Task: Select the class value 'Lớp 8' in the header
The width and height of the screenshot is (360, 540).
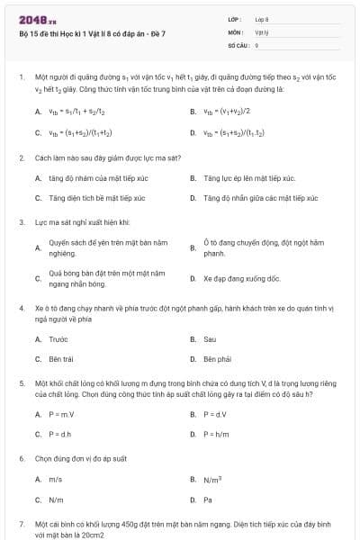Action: [262, 19]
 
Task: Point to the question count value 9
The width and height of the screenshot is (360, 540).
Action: [257, 44]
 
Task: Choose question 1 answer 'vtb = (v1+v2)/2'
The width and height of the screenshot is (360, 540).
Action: [226, 112]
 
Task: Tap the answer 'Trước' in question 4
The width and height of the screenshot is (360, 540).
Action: [58, 339]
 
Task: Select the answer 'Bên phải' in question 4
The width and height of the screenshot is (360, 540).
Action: [218, 359]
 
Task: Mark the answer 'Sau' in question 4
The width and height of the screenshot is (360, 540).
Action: [210, 339]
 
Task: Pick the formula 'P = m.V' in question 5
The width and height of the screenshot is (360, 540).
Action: [61, 414]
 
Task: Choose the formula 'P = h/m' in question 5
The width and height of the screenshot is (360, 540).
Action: [216, 434]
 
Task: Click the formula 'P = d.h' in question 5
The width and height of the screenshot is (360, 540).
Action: [60, 434]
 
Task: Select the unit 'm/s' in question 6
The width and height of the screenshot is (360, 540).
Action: [56, 480]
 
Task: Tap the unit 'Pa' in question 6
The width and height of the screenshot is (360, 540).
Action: [208, 499]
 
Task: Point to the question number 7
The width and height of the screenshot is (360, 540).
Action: [22, 523]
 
